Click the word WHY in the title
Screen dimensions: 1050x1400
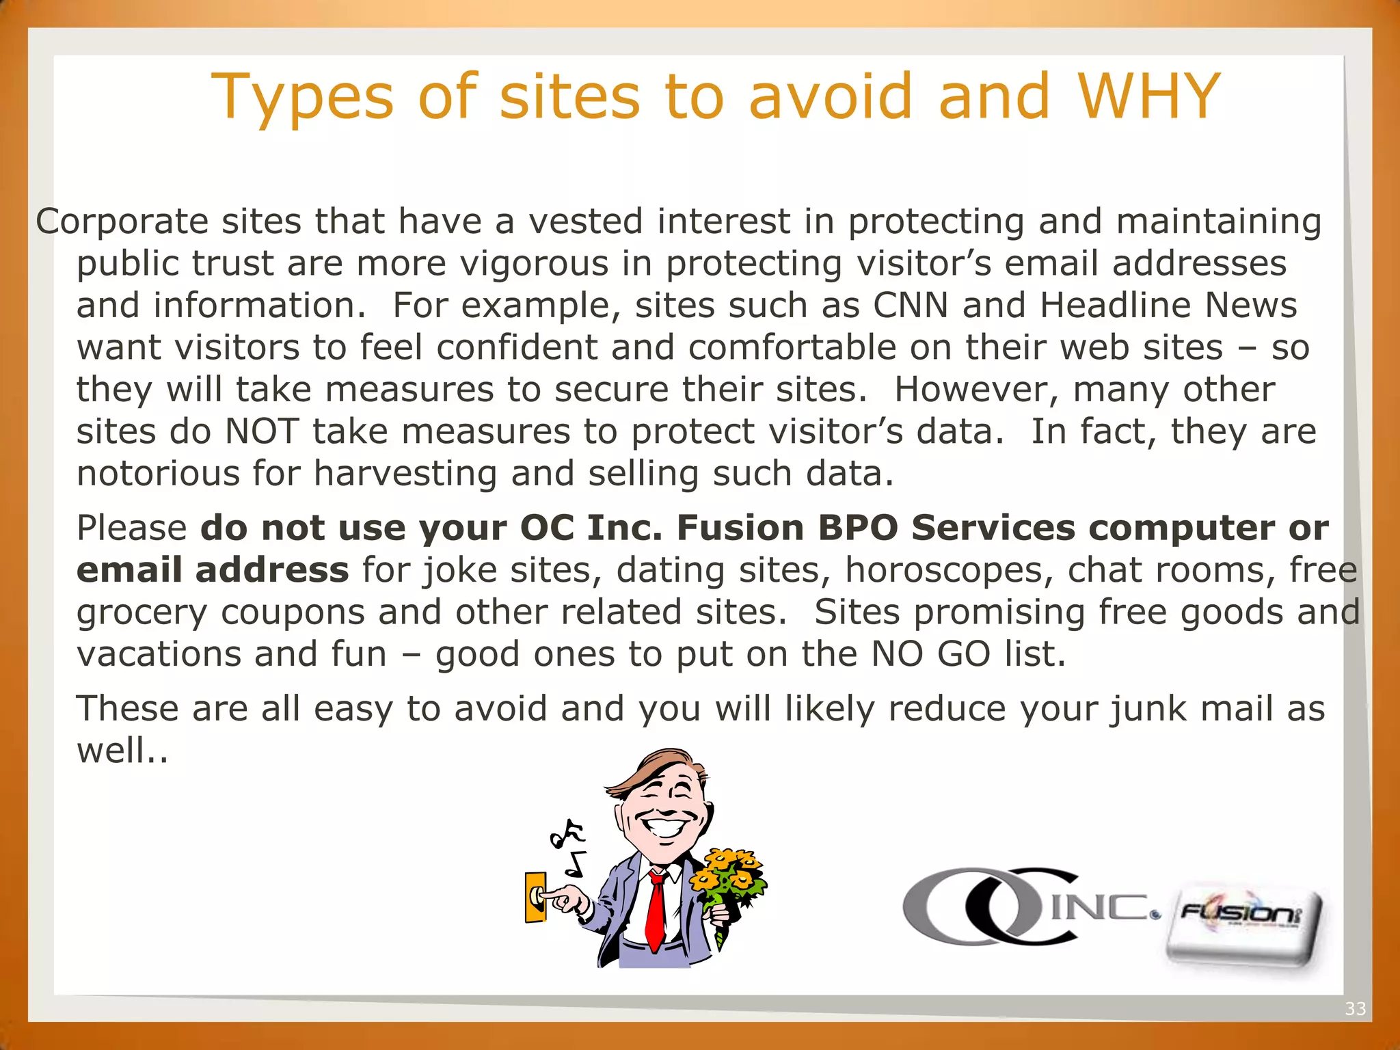1149,96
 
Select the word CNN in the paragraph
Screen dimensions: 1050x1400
911,305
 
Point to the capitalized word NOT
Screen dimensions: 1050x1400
262,431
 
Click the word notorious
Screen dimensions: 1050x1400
158,473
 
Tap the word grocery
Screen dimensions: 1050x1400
142,613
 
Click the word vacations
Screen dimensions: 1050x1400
159,654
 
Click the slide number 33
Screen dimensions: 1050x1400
1355,1009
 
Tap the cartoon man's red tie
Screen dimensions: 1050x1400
656,909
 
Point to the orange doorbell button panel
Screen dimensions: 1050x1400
535,896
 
